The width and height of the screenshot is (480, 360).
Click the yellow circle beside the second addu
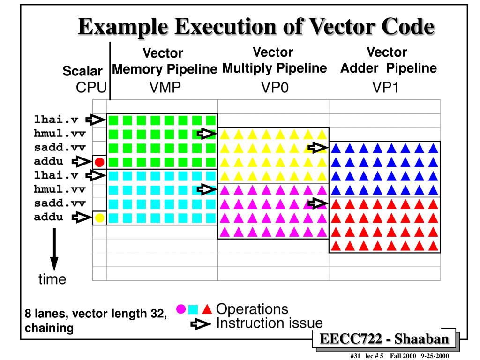point(99,218)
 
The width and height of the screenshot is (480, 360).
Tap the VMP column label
point(165,88)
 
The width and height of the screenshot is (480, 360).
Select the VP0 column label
point(274,88)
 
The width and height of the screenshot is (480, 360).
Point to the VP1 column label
point(385,88)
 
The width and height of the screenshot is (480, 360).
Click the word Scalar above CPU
point(82,71)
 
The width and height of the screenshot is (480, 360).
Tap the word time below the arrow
point(52,280)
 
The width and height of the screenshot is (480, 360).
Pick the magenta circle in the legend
point(180,309)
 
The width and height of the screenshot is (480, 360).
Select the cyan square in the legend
point(193,309)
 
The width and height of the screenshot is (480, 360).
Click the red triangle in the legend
point(207,309)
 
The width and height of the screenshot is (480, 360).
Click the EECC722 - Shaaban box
point(384,339)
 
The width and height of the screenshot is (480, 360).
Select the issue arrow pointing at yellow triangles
point(207,134)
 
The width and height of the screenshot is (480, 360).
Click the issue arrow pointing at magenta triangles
point(207,189)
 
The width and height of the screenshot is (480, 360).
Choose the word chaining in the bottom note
point(49,328)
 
